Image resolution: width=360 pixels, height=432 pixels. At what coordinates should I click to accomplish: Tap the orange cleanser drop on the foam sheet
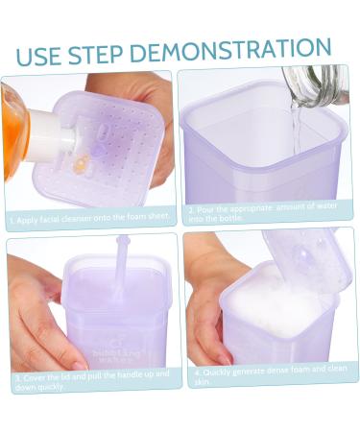point(81,164)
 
